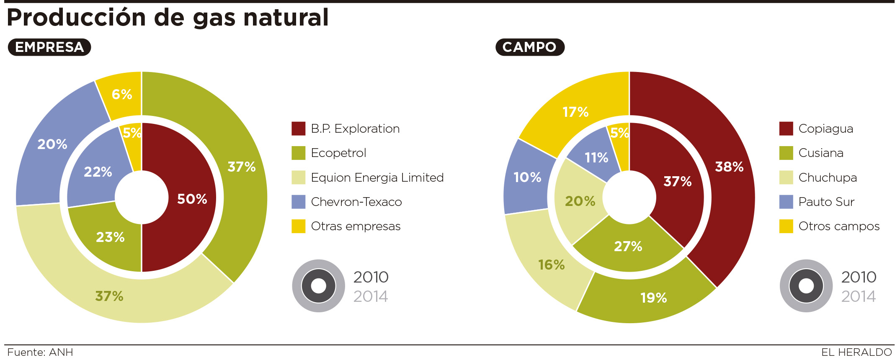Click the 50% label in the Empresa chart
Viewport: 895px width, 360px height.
(192, 199)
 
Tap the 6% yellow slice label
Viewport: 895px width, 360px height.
(122, 94)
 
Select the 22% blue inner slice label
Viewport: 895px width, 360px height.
(98, 172)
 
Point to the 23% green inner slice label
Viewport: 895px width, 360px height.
(110, 237)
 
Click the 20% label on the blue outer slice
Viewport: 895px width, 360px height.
(52, 144)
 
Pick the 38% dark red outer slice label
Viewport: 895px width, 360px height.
(729, 167)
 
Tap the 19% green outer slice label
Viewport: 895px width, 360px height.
(653, 298)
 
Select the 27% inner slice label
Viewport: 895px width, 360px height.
(628, 246)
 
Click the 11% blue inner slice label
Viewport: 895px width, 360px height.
(596, 157)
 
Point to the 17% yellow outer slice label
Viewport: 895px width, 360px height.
(575, 112)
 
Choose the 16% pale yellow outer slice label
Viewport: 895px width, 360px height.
(551, 265)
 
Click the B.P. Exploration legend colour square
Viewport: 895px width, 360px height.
(298, 129)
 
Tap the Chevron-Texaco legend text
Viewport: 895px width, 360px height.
(356, 202)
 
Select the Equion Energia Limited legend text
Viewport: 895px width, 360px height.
(377, 177)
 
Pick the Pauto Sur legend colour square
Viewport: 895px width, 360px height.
(786, 202)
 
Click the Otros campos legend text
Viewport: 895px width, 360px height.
(839, 226)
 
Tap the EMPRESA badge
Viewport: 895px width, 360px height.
(49, 47)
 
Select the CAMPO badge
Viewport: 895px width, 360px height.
(530, 47)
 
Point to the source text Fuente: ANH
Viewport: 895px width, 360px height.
(40, 352)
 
